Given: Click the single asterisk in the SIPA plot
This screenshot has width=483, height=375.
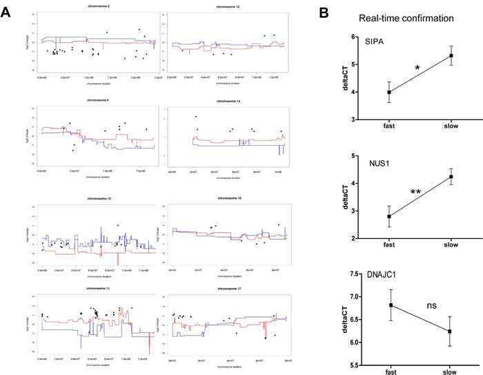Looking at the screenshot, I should [x=417, y=69].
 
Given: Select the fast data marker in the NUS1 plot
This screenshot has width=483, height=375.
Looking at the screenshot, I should [x=389, y=216].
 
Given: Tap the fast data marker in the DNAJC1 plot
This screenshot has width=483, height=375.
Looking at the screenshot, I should [x=389, y=305].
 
